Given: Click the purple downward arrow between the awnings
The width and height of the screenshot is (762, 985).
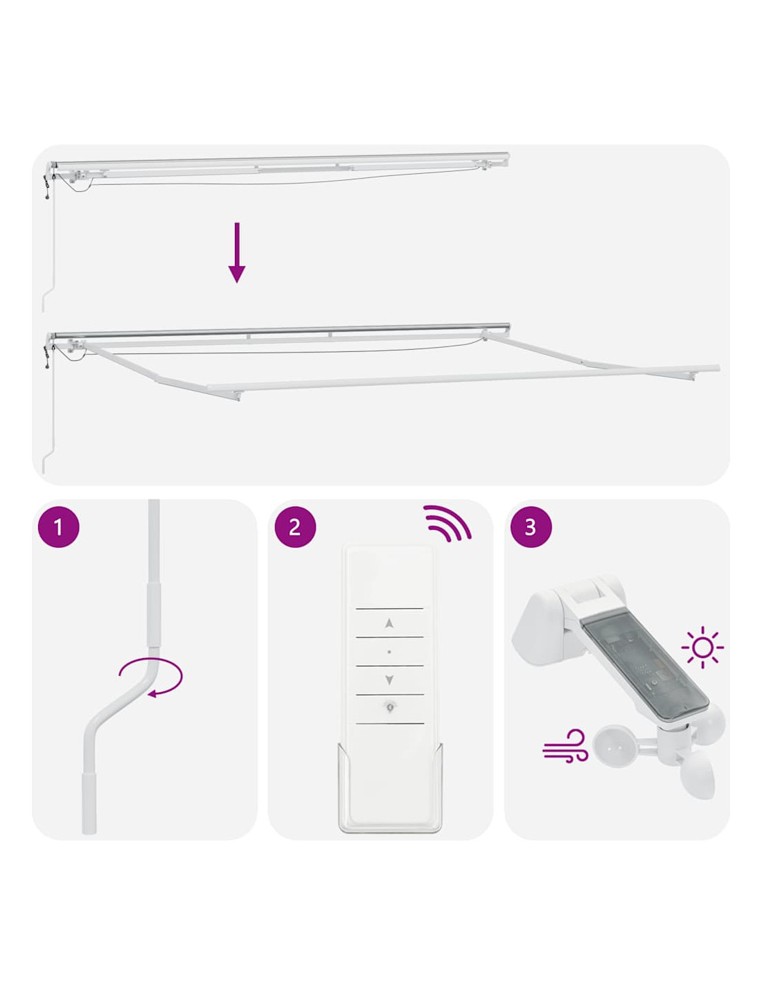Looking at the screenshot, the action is coord(237,252).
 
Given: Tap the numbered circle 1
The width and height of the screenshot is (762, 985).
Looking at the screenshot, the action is coord(59,527).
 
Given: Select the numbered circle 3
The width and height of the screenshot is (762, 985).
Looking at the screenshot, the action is coord(531,527).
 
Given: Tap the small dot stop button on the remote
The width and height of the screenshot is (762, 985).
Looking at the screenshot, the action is coord(389,652).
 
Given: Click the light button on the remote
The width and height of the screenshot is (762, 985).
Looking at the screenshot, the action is coord(389,706).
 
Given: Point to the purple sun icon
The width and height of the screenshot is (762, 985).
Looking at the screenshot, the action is coord(702,647).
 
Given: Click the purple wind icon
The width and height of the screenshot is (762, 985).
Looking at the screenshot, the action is coord(565,745).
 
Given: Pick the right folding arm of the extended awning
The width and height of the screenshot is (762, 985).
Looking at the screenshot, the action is coord(590,357).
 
